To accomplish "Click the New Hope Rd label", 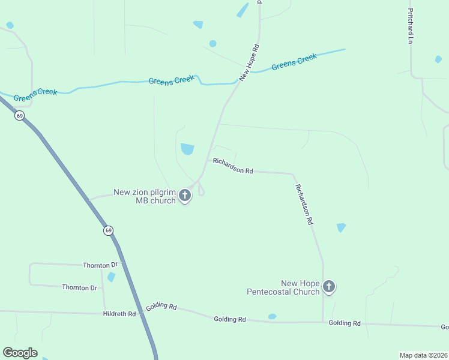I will (x=249, y=62).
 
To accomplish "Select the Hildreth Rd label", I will (x=119, y=313).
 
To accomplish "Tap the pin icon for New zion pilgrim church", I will (x=185, y=195).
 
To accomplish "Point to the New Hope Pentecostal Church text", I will (x=283, y=287).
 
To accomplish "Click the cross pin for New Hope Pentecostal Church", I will (x=328, y=287).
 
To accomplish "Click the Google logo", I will (x=20, y=352).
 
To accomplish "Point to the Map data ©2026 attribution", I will (x=423, y=355).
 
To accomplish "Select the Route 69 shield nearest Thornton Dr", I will (x=108, y=230).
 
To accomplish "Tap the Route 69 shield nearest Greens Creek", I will (x=20, y=115).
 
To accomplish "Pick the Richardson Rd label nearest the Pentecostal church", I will (x=304, y=204).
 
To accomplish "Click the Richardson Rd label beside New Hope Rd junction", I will (x=233, y=166).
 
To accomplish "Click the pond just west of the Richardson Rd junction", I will (x=187, y=148).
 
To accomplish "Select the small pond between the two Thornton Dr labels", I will (x=111, y=277).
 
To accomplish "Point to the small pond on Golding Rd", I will (x=272, y=316).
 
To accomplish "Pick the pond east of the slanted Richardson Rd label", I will (x=341, y=227).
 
